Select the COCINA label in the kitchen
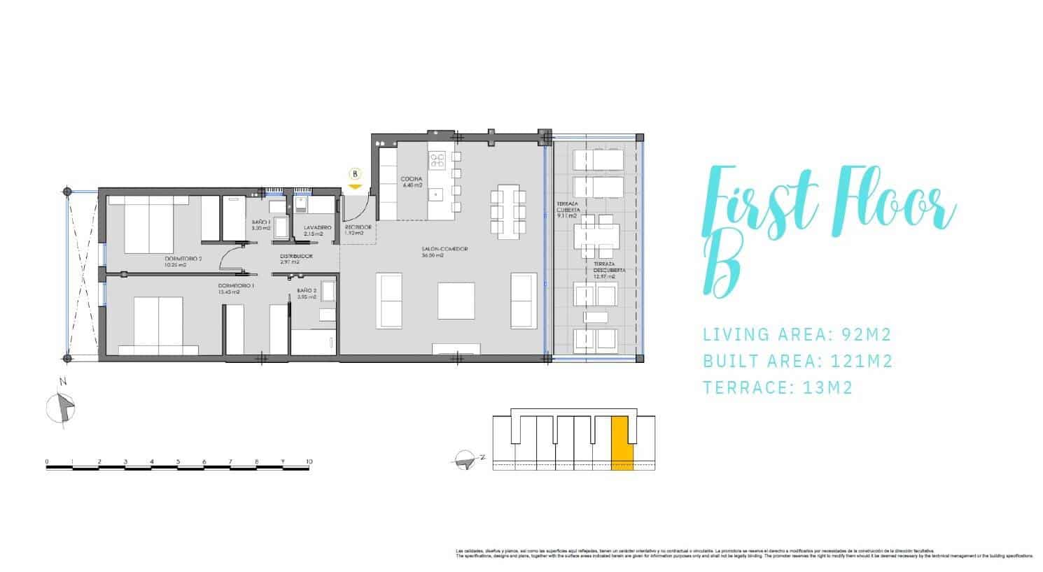[x=412, y=180]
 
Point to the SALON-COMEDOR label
[x=444, y=250]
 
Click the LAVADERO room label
[x=318, y=228]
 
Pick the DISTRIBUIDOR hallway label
[x=296, y=257]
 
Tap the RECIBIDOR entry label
[x=358, y=228]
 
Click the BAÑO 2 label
[x=307, y=290]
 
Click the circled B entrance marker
[x=355, y=173]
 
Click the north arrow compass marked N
[x=64, y=406]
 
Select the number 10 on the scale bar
[x=309, y=462]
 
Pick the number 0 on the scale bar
[x=47, y=462]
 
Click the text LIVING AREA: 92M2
[x=797, y=334]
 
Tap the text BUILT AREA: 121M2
[x=798, y=361]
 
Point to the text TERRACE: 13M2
[x=778, y=387]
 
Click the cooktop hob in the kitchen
[x=437, y=161]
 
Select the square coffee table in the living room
[x=456, y=300]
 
